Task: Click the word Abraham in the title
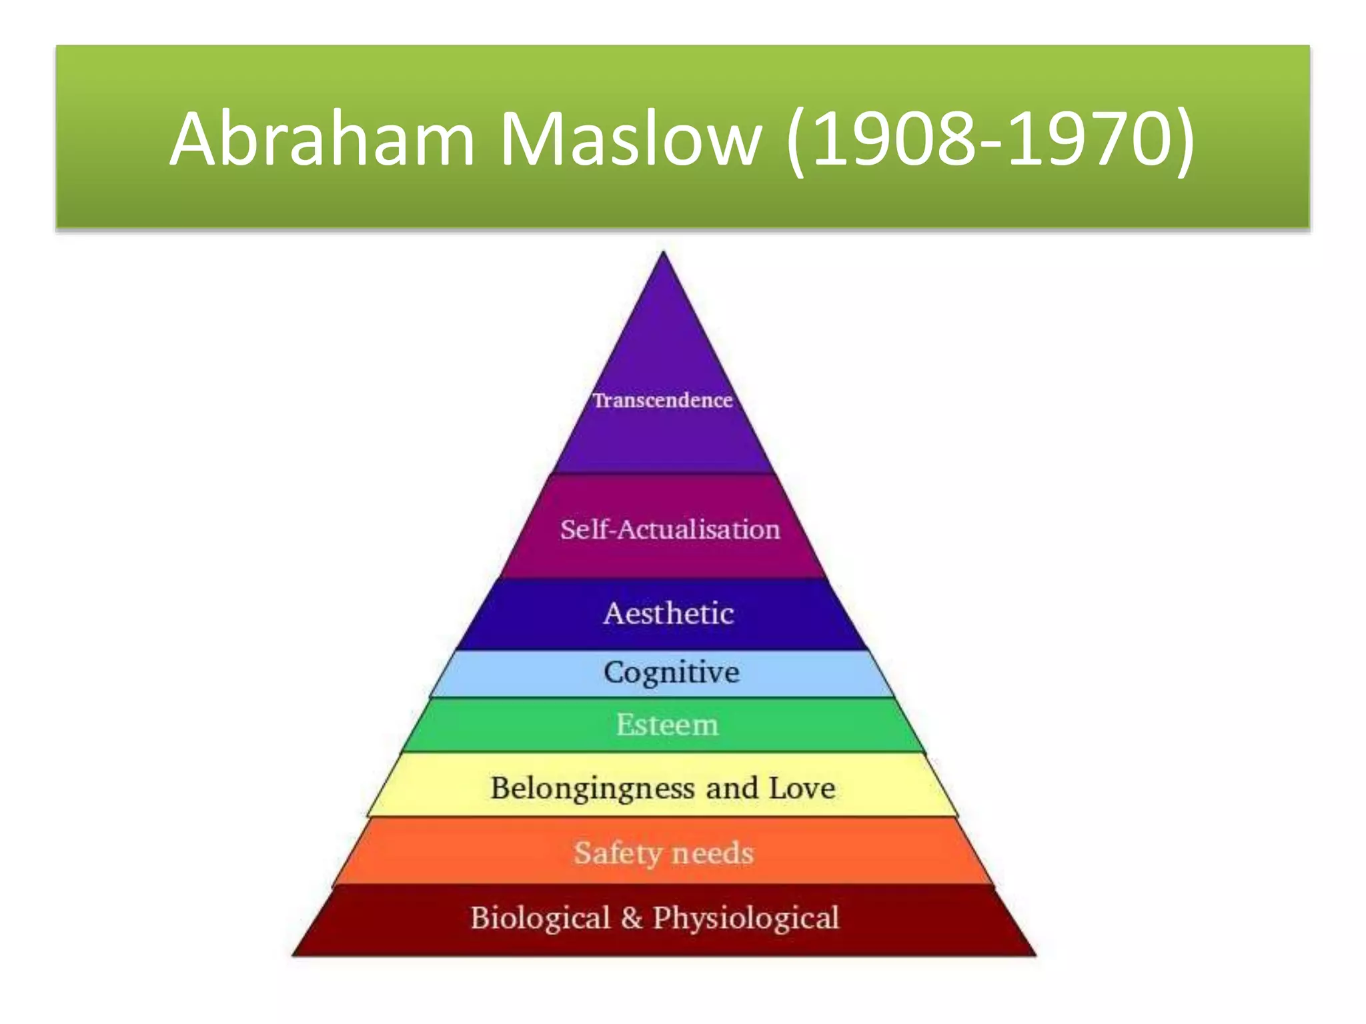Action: click(322, 139)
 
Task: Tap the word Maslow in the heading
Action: click(630, 139)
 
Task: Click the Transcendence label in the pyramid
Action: click(662, 400)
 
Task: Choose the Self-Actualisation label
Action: click(670, 529)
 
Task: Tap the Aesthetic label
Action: click(668, 613)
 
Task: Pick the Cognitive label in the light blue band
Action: click(671, 672)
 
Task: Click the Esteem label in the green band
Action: click(667, 725)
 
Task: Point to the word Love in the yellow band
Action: click(802, 788)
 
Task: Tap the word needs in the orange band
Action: click(712, 853)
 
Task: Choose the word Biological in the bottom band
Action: click(540, 918)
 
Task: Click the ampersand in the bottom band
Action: click(631, 918)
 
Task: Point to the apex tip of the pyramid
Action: click(663, 253)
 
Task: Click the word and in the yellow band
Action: click(732, 788)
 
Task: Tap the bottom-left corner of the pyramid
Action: click(294, 954)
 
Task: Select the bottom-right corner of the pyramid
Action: click(1035, 954)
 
